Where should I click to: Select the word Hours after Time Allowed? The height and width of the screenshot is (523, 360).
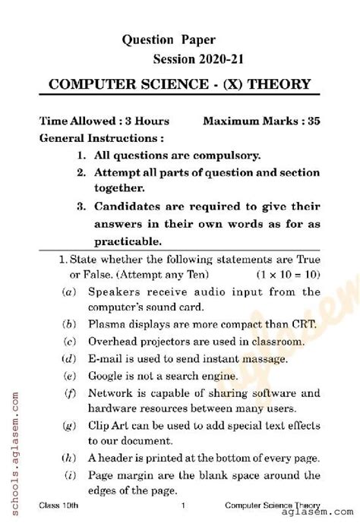point(151,121)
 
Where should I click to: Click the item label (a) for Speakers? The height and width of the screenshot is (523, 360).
point(68,291)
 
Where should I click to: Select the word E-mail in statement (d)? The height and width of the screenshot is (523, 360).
point(106,358)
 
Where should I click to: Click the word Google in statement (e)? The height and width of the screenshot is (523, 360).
point(106,376)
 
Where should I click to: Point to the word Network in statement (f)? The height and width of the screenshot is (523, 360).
point(111,392)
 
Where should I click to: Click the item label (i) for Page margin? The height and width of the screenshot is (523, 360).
point(68,476)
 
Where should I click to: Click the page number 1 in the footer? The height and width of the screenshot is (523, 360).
point(183,506)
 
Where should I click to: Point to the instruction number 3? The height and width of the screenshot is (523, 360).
point(81,206)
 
